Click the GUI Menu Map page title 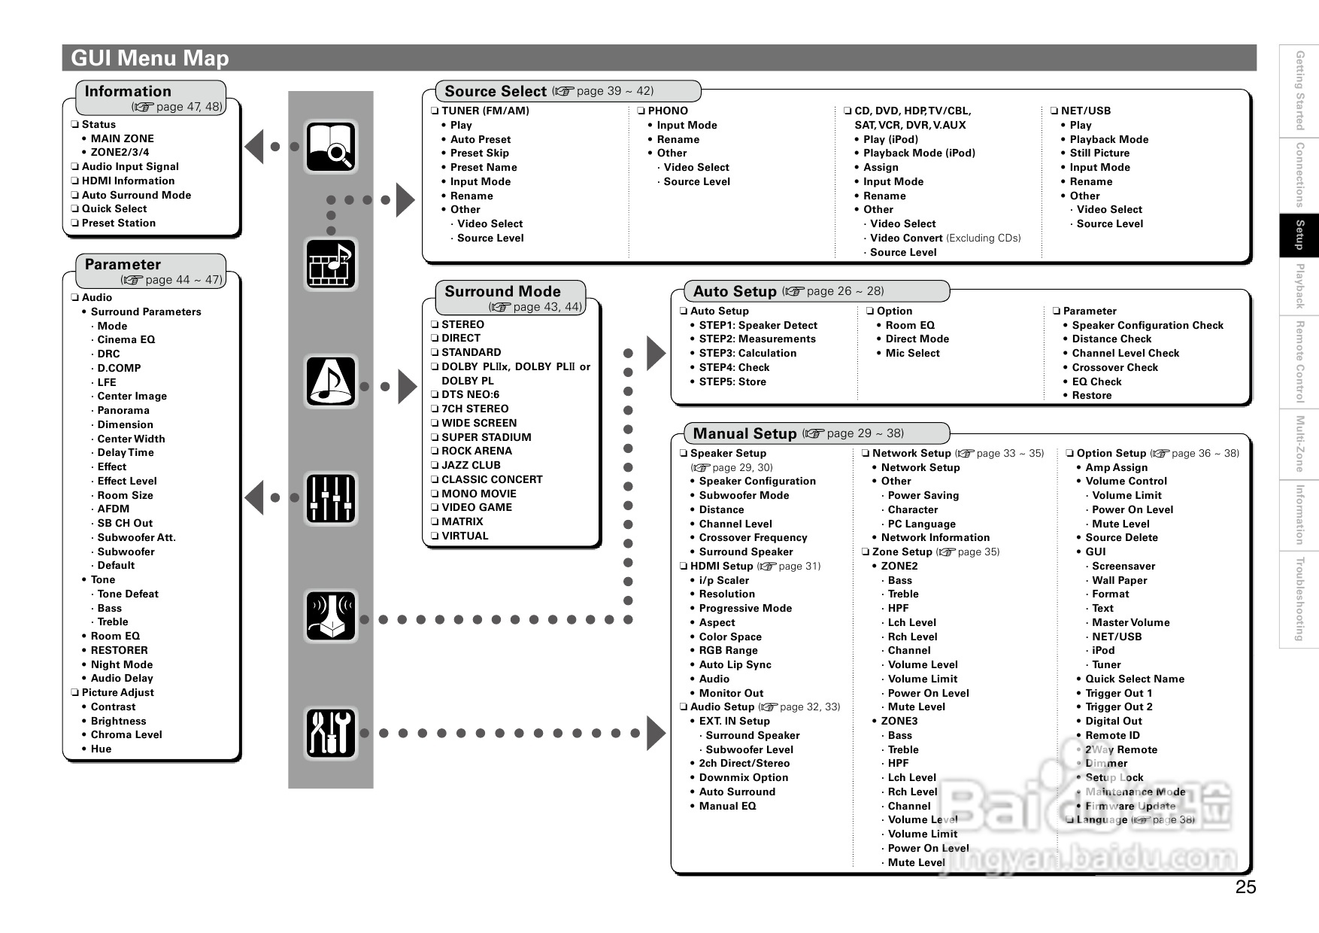click(150, 58)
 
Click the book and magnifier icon click(331, 147)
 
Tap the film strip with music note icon click(331, 264)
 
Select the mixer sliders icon click(331, 498)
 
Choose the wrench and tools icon click(331, 733)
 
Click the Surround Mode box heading click(502, 292)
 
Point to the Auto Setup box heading click(735, 292)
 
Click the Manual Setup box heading click(744, 433)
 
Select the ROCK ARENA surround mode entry click(476, 451)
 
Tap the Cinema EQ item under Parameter click(126, 339)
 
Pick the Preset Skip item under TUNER click(480, 153)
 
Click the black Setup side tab click(1299, 236)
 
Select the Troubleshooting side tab click(1299, 599)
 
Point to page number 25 click(1245, 887)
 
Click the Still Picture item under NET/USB click(1099, 153)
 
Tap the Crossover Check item click(1114, 367)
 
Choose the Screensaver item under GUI click(1123, 566)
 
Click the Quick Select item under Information click(114, 208)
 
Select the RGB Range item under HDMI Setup click(728, 650)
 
